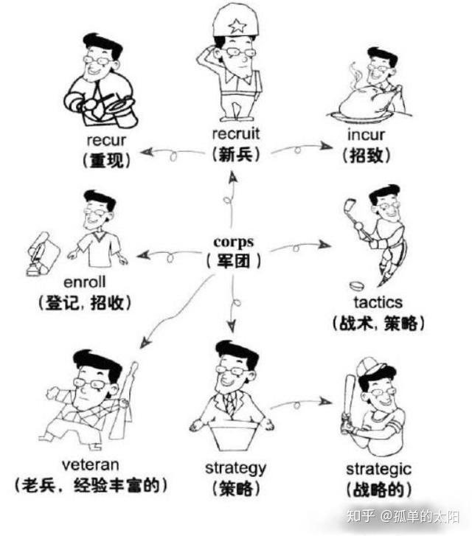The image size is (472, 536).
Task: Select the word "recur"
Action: (x=108, y=140)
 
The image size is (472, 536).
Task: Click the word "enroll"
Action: (x=86, y=282)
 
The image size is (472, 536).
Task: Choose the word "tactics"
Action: (x=378, y=302)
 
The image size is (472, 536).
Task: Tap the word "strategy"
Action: (x=235, y=467)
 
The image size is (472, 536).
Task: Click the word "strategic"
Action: (x=378, y=470)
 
